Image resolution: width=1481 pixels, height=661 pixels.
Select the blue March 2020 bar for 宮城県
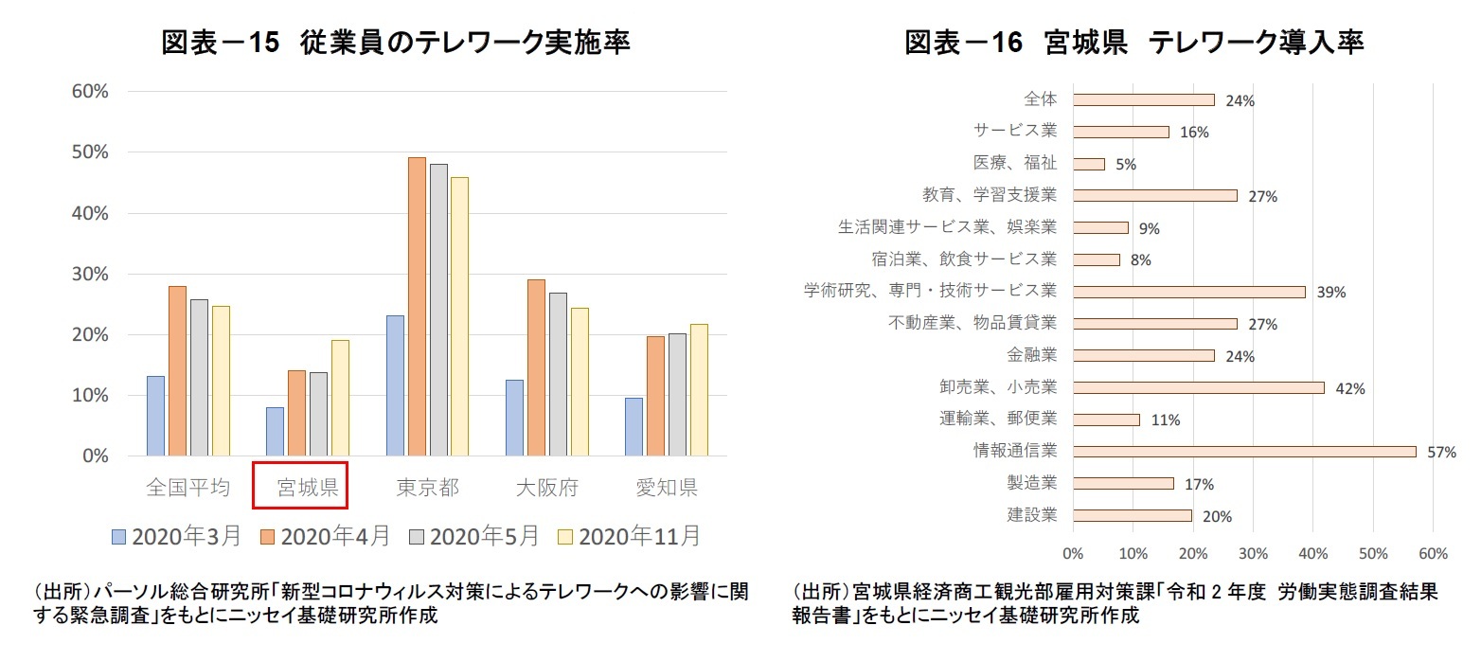[x=275, y=432]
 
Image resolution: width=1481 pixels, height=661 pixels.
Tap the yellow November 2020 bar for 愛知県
[x=699, y=390]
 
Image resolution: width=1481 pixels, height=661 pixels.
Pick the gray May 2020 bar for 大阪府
[x=558, y=374]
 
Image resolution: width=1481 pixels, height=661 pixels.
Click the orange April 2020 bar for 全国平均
[x=178, y=370]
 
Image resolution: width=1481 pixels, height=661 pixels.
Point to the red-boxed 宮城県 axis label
[x=301, y=488]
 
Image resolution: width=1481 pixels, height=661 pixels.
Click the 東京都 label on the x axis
[x=427, y=488]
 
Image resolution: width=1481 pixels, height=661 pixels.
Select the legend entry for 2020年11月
[x=630, y=536]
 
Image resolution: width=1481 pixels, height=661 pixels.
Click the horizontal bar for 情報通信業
[x=1244, y=452]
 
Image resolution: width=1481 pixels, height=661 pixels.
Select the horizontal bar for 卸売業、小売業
[x=1199, y=387]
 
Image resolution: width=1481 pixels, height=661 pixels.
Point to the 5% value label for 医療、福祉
[x=1125, y=165]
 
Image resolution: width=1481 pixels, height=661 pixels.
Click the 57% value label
[x=1441, y=453]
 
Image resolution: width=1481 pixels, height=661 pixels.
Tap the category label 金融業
[x=1033, y=355]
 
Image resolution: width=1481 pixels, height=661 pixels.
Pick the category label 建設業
[x=1032, y=515]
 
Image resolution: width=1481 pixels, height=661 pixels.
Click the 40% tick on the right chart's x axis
[x=1313, y=553]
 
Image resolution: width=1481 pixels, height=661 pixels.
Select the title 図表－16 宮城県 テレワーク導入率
[x=1133, y=43]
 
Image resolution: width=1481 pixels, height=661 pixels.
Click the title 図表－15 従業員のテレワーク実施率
[x=396, y=43]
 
